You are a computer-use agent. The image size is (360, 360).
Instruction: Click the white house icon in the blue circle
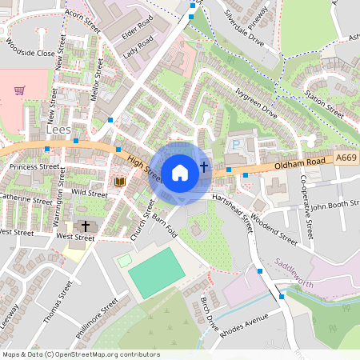180,172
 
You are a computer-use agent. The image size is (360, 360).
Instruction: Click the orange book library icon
120,182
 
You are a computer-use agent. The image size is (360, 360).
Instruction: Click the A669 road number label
346,158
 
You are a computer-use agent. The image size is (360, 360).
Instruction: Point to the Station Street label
323,107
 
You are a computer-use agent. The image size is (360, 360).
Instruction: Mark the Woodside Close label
29,48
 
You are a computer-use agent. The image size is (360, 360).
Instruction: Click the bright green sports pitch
154,271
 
